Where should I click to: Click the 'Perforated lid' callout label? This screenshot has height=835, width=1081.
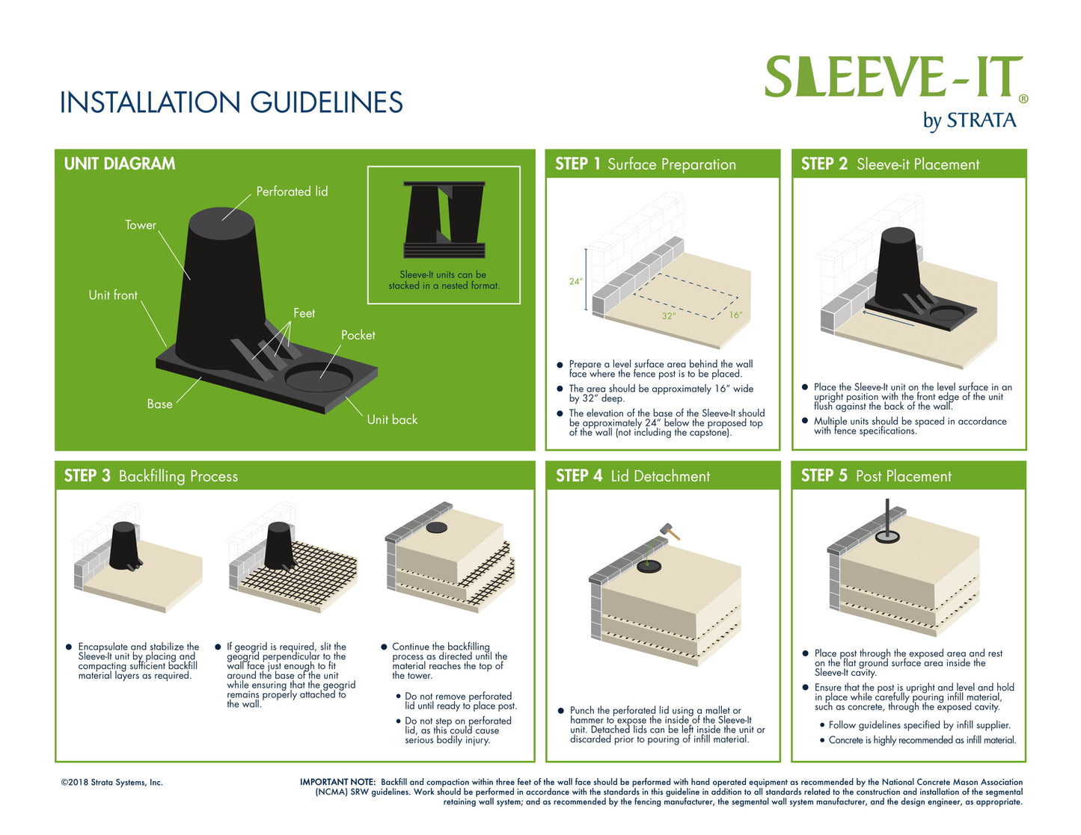coord(292,191)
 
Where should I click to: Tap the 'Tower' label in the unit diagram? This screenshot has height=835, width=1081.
coord(141,225)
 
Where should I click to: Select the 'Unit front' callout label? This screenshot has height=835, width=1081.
coord(113,295)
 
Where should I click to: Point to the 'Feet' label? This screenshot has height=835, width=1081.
coord(304,313)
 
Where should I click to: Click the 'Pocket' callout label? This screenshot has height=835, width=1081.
coord(358,335)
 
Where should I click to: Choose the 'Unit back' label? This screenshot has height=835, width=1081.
coord(392,419)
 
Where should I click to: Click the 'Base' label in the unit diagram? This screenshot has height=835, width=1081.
coord(159,404)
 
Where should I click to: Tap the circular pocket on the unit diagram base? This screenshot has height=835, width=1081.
coord(319,378)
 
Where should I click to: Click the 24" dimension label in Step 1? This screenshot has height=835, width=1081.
coord(575,281)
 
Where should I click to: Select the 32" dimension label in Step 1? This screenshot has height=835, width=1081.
coord(669,316)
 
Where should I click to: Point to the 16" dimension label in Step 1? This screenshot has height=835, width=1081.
coord(736,315)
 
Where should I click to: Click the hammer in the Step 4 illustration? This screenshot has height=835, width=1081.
coord(670,531)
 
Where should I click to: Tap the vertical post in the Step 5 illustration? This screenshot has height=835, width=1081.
coord(887,519)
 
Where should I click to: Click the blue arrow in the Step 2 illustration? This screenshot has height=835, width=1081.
coord(889,318)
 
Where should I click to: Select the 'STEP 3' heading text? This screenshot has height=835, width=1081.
coord(87,475)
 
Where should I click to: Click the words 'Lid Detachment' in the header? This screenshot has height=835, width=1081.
coord(660,476)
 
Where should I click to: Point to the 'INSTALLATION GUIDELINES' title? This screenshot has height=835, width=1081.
coord(231,102)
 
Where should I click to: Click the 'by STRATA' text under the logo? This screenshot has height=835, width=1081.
coord(970,121)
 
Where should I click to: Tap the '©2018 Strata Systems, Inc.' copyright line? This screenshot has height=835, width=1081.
coord(112,783)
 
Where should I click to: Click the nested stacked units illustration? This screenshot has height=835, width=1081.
coord(444,219)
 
